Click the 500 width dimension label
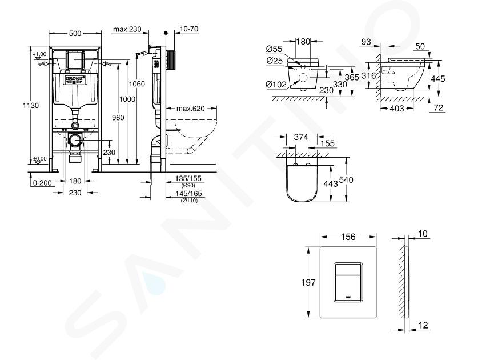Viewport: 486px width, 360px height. [x=75, y=33]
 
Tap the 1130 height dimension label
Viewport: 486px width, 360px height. [x=31, y=105]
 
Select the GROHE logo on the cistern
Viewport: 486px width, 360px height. [x=75, y=79]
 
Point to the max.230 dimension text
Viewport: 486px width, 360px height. [x=127, y=29]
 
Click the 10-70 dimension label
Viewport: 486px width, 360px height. [x=189, y=29]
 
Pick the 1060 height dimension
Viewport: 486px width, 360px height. [x=136, y=84]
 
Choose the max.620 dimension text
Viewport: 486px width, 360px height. [x=191, y=109]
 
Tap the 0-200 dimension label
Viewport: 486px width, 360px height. [x=42, y=183]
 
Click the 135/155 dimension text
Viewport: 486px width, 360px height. [x=188, y=178]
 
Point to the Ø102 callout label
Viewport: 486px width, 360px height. [x=276, y=84]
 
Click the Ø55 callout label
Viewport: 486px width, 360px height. [x=274, y=49]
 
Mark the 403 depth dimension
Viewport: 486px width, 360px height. [x=397, y=108]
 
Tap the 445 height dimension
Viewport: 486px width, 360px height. [x=437, y=79]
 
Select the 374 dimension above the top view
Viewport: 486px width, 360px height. [x=301, y=137]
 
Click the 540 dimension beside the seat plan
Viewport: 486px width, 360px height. [x=346, y=180]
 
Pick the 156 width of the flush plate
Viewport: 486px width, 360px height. [x=348, y=237]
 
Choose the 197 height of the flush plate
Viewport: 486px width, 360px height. [x=308, y=282]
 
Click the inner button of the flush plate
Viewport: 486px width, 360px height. [x=348, y=282]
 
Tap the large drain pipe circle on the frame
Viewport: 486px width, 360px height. [x=75, y=140]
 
